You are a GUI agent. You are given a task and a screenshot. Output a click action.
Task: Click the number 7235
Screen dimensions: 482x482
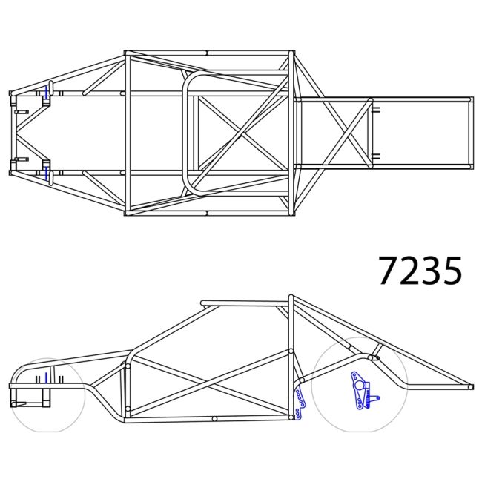point(420,271)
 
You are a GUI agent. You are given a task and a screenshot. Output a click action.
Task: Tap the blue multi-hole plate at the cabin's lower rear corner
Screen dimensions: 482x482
point(301,403)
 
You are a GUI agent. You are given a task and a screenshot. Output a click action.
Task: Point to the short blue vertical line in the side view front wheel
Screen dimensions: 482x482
point(45,379)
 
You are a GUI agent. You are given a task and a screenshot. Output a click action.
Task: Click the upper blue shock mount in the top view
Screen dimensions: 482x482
point(47,92)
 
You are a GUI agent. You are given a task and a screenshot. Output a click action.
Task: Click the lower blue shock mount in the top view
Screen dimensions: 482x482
point(47,173)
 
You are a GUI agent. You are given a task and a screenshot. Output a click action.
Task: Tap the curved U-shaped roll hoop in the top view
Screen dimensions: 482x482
point(187,133)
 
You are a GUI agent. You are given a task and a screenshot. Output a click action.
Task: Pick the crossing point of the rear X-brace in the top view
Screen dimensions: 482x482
point(347,132)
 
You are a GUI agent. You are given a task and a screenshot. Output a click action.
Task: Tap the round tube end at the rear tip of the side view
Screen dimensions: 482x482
point(470,386)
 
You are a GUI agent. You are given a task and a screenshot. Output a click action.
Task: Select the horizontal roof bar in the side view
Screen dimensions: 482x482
point(245,302)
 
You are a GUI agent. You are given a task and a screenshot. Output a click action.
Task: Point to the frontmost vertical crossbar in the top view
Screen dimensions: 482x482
point(11,133)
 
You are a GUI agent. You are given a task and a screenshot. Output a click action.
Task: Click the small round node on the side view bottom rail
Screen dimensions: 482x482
point(214,419)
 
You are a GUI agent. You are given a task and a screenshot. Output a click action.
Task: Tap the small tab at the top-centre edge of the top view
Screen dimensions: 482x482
point(207,52)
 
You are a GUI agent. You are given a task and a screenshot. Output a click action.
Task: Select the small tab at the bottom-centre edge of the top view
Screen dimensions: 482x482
point(207,215)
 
